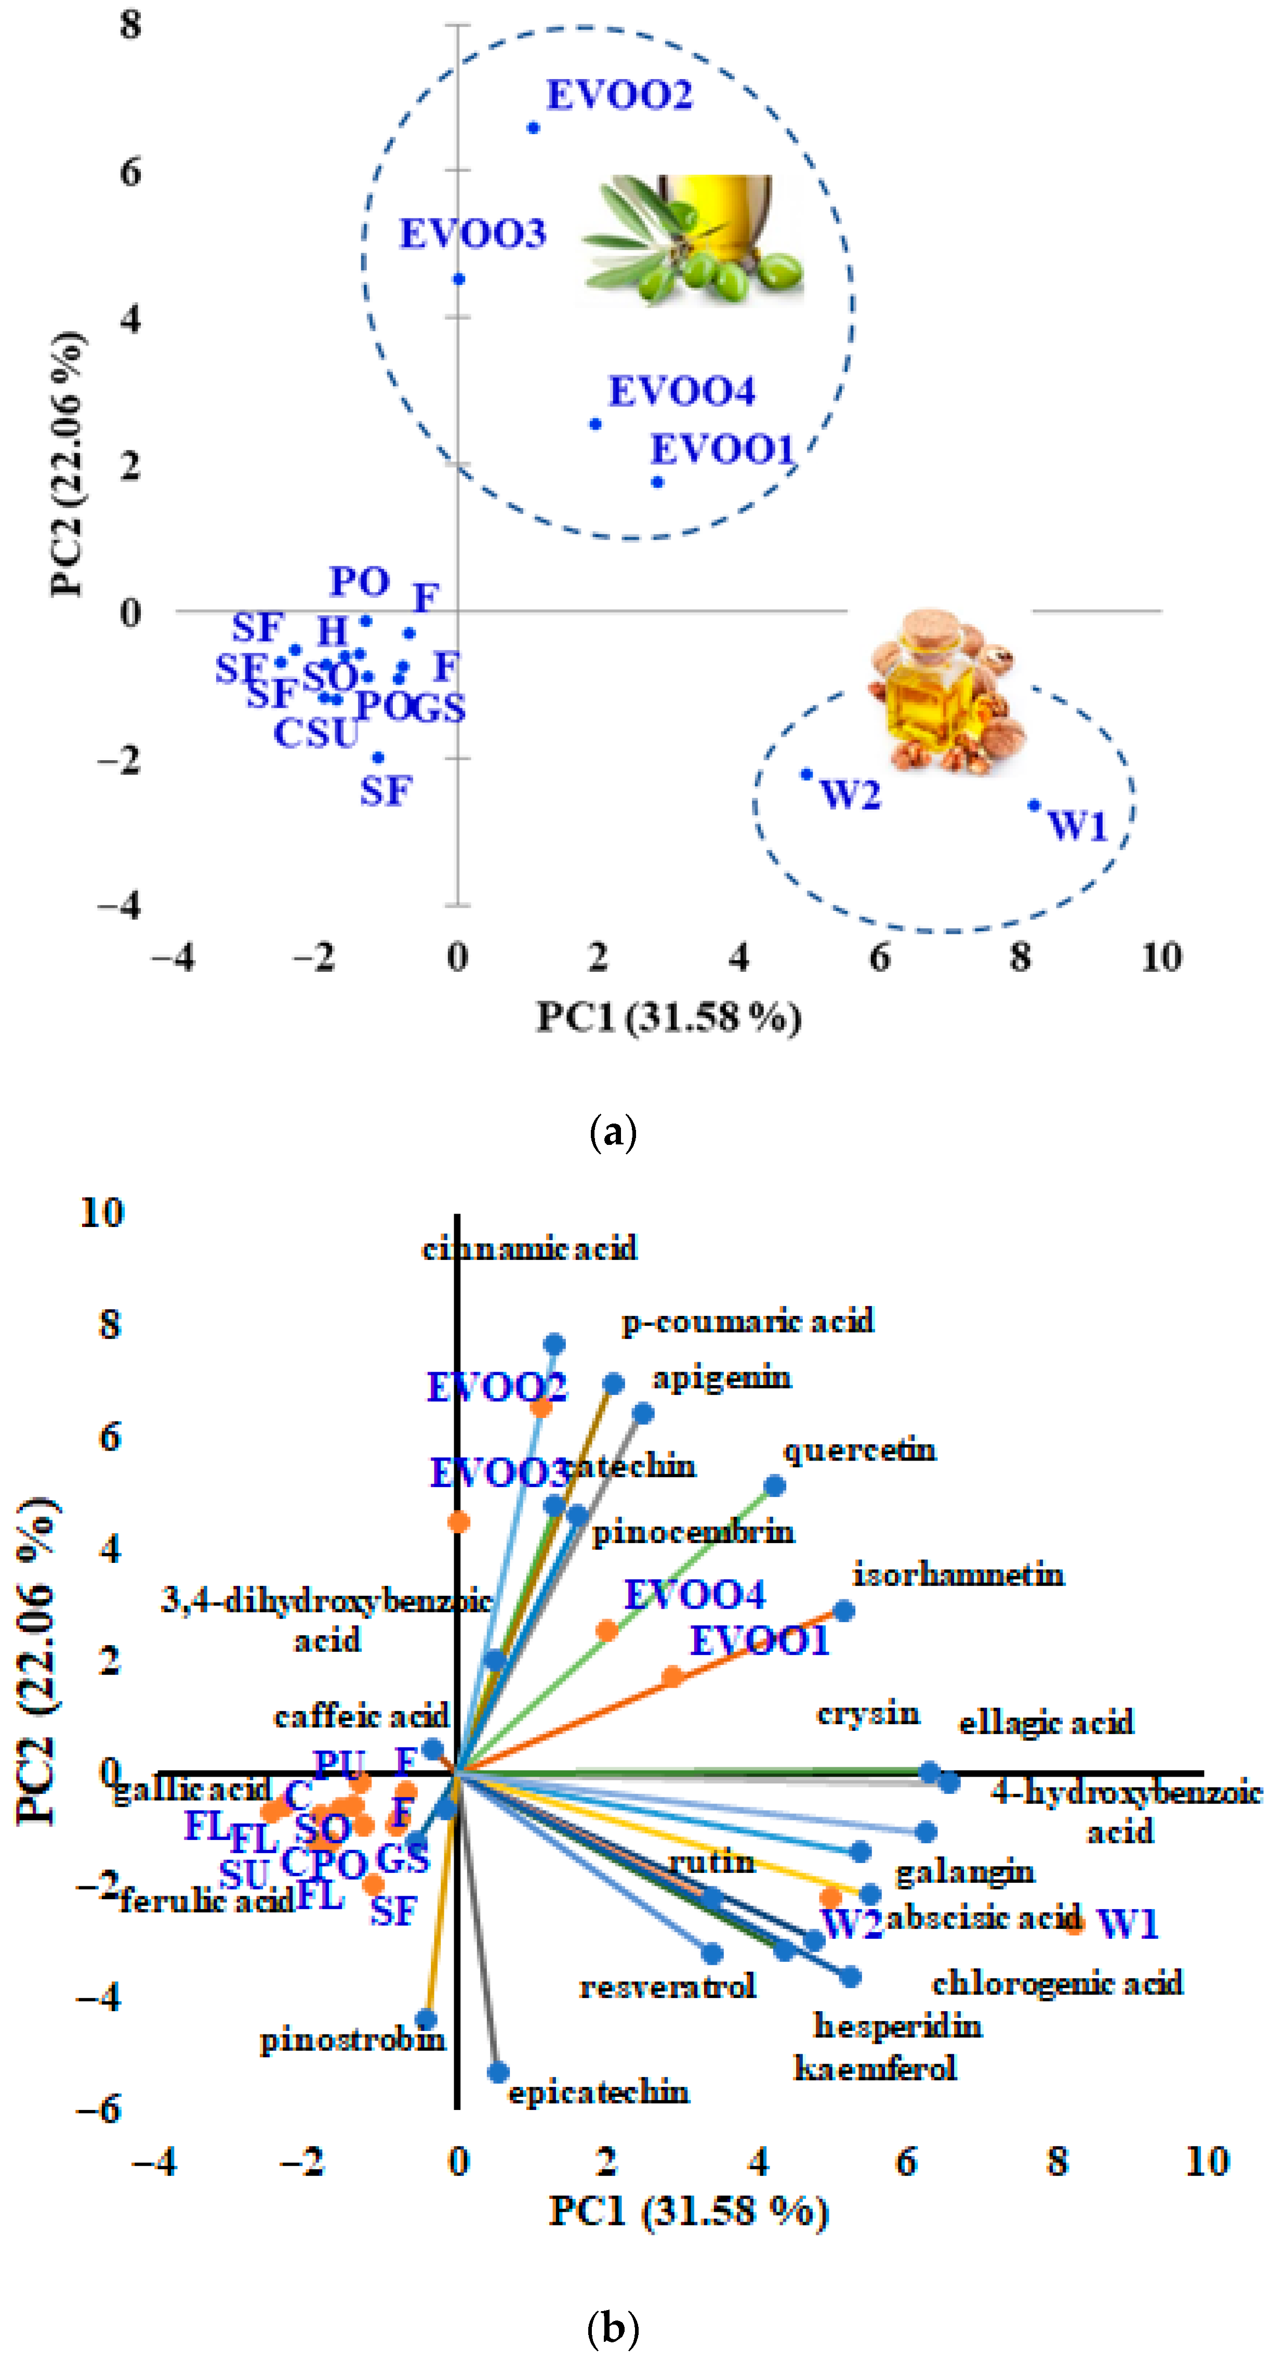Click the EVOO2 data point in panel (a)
[533, 127]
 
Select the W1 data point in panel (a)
[1034, 805]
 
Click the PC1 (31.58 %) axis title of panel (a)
[668, 1017]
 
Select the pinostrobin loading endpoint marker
[426, 2018]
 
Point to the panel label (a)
[613, 1133]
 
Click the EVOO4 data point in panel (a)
[595, 424]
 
